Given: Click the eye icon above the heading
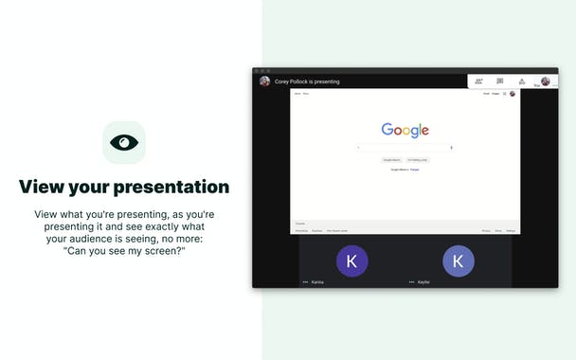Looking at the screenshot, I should coord(124,142).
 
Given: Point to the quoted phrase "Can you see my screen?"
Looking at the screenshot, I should coord(124,250).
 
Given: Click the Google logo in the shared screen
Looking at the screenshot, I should coord(405,131).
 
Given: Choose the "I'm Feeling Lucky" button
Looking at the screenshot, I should coord(418,160).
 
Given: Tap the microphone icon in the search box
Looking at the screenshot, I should coord(451,148).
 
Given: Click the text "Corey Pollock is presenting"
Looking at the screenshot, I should coord(307,82).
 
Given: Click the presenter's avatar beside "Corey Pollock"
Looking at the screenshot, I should coord(264,81).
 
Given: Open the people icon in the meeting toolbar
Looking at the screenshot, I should coord(479,81).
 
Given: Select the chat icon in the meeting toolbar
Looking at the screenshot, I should coord(500,81).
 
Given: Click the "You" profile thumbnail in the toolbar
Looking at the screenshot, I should coord(545,81).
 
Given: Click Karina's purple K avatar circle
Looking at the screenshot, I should coord(352,261).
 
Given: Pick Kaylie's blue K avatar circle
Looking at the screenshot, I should coord(459,261).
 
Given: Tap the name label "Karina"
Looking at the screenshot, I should coord(317,282).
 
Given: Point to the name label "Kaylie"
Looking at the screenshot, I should coord(423,282).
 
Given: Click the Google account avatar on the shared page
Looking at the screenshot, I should coord(513,94).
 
